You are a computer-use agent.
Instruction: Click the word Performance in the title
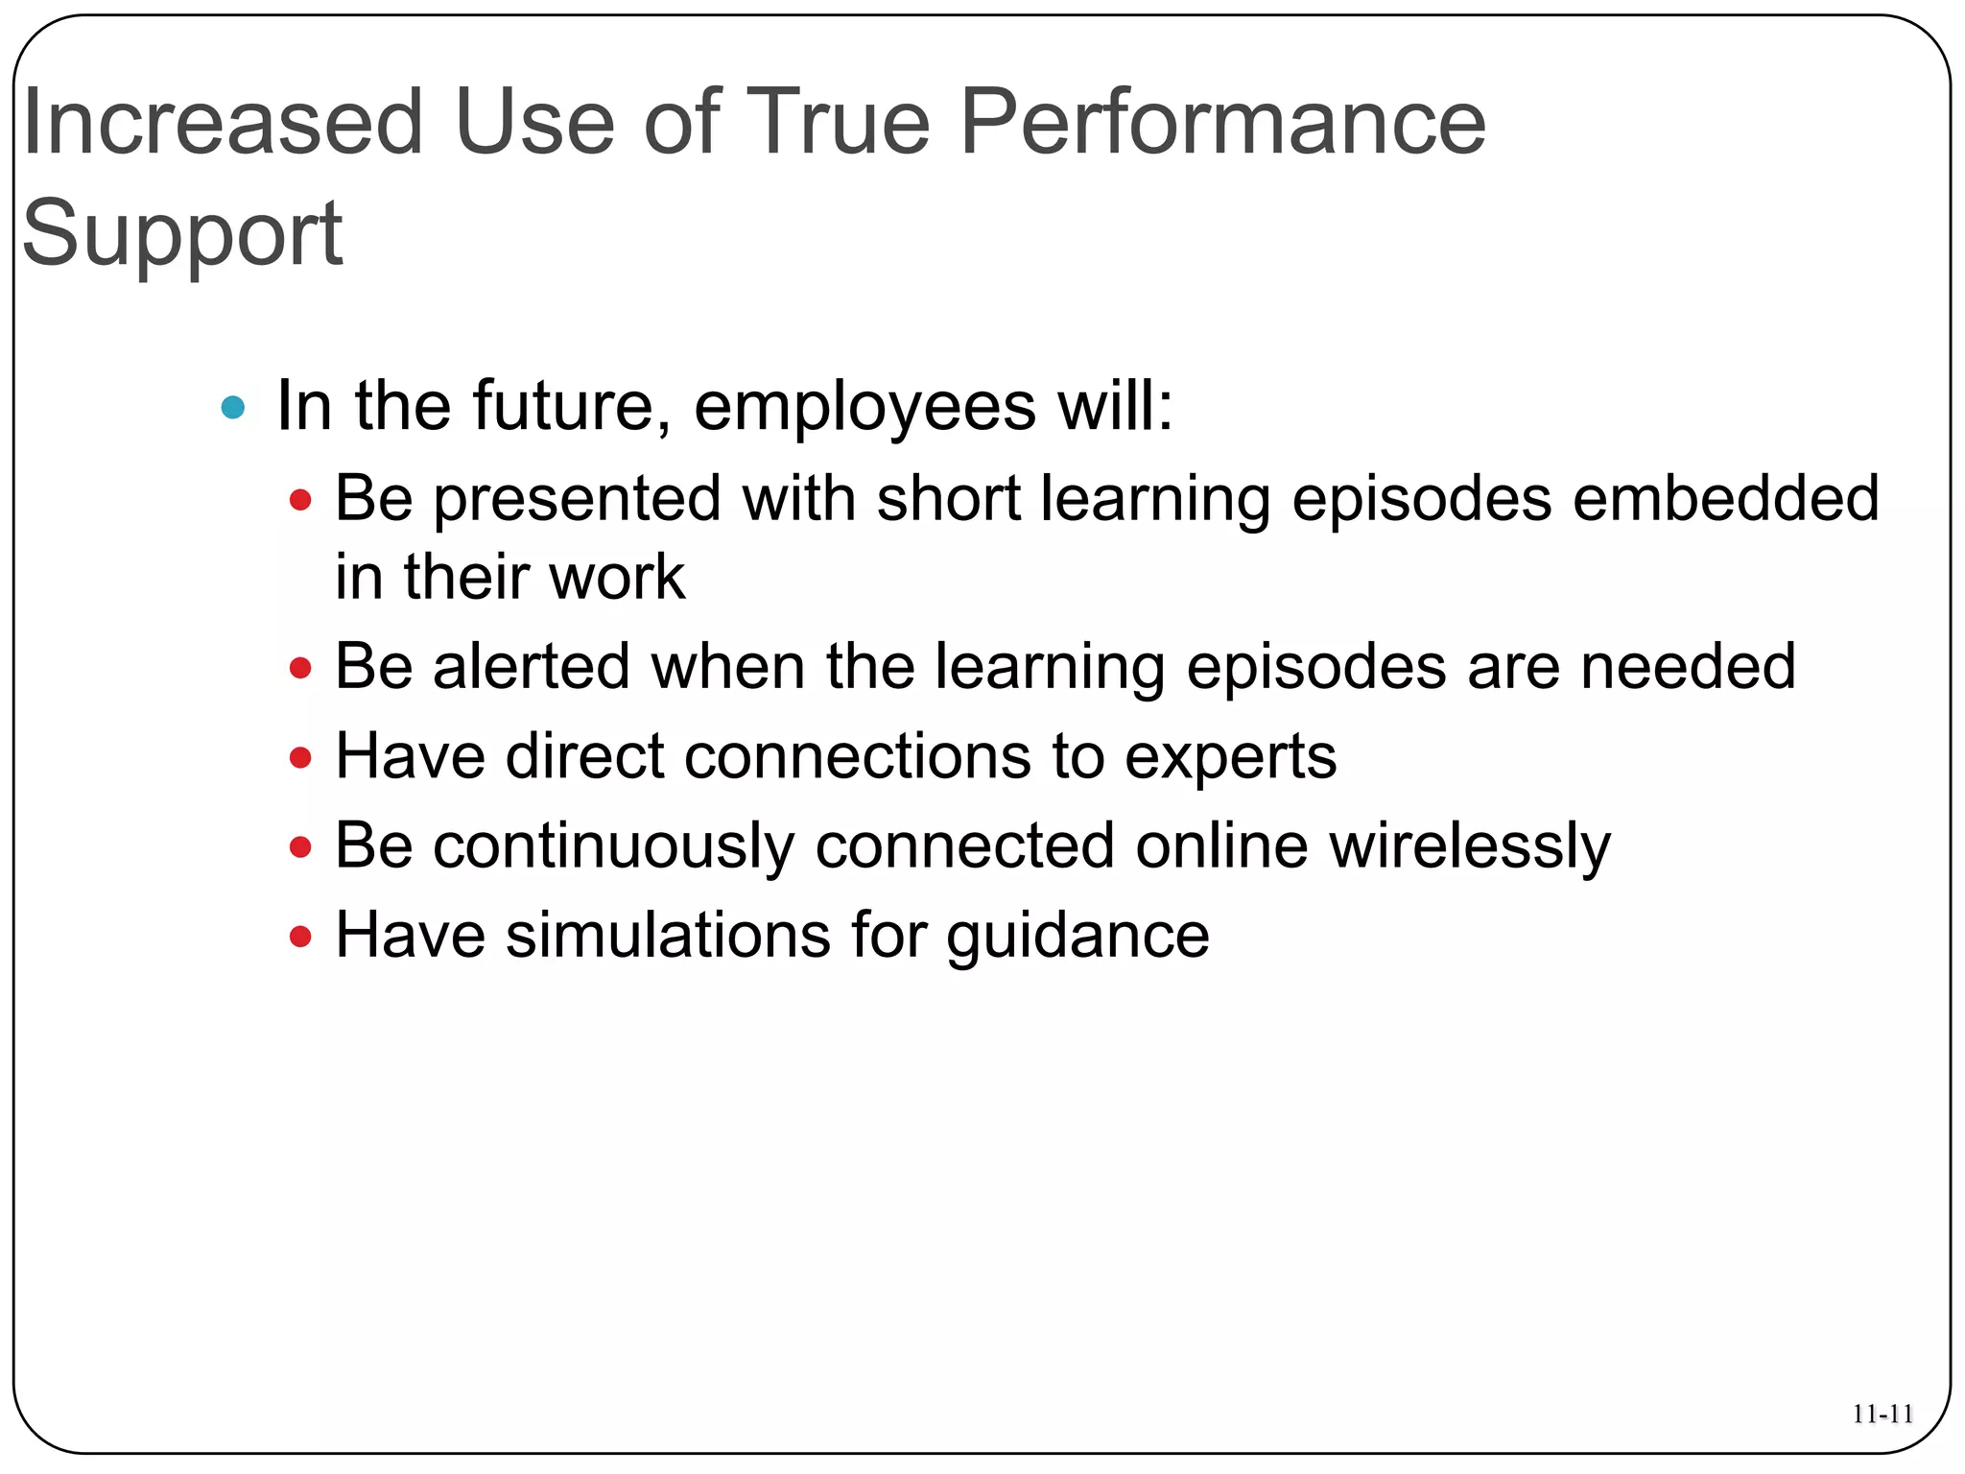(1222, 123)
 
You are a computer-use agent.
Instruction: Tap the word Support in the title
(182, 233)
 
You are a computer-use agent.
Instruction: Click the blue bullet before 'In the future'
(233, 408)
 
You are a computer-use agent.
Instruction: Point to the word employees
(864, 407)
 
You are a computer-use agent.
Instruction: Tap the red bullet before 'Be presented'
(300, 500)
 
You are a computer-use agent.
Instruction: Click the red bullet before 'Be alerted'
(300, 668)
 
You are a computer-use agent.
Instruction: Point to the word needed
(1688, 667)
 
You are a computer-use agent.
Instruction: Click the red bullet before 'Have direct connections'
(300, 758)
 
